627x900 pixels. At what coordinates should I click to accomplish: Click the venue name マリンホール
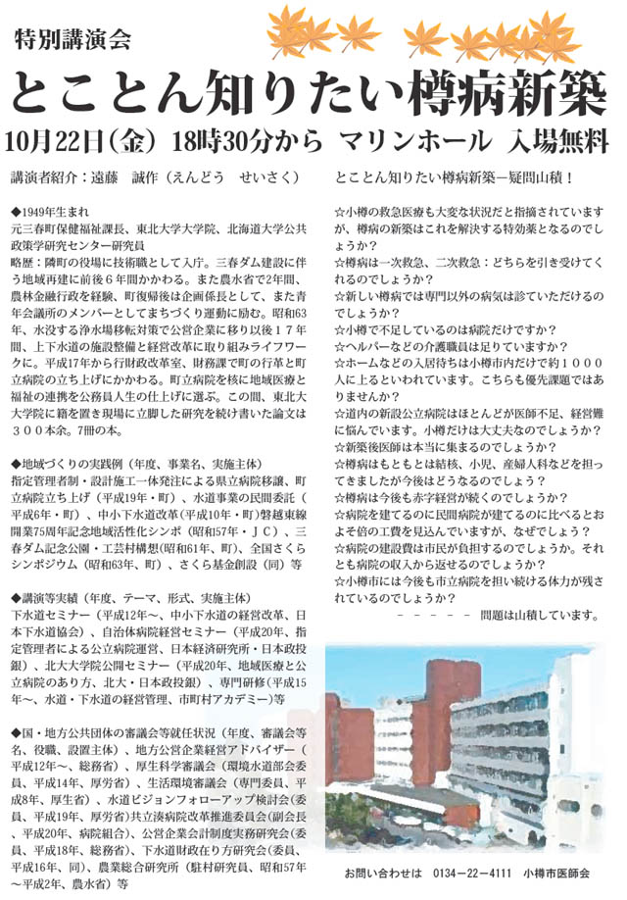[413, 140]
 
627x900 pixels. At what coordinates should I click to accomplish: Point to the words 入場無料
[553, 140]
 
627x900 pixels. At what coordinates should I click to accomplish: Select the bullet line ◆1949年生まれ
[52, 211]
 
